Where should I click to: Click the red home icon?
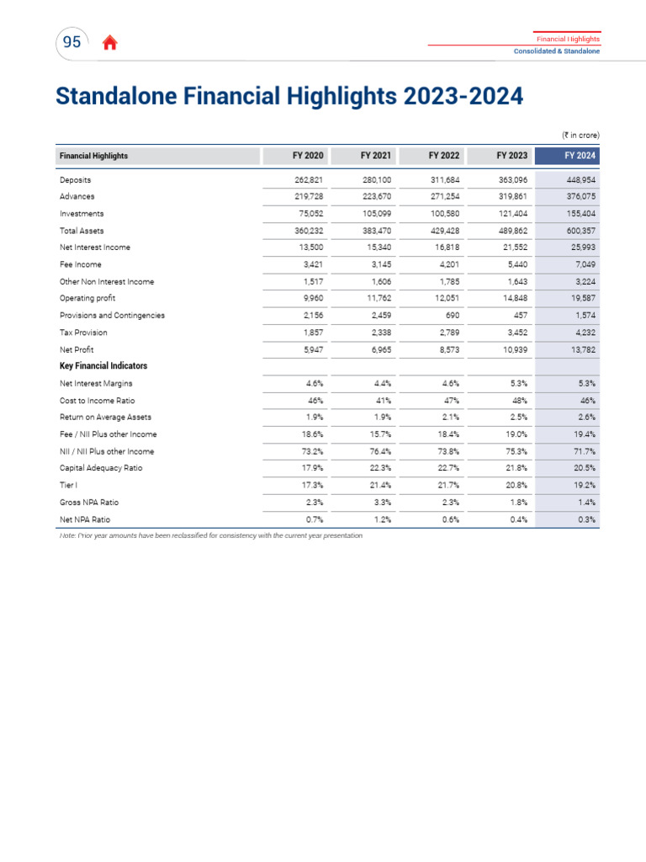pos(109,44)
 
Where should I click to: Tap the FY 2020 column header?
pos(307,156)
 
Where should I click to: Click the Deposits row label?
pos(76,180)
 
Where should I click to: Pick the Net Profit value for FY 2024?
pos(581,349)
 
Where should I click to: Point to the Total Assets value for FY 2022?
pos(443,231)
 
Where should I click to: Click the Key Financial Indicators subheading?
pos(103,366)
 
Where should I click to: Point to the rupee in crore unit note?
pos(580,135)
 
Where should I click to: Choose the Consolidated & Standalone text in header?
pos(557,52)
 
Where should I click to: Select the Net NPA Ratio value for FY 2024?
pos(585,519)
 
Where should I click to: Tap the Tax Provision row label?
pos(83,333)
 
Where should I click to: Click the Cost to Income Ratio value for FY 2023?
pos(518,401)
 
